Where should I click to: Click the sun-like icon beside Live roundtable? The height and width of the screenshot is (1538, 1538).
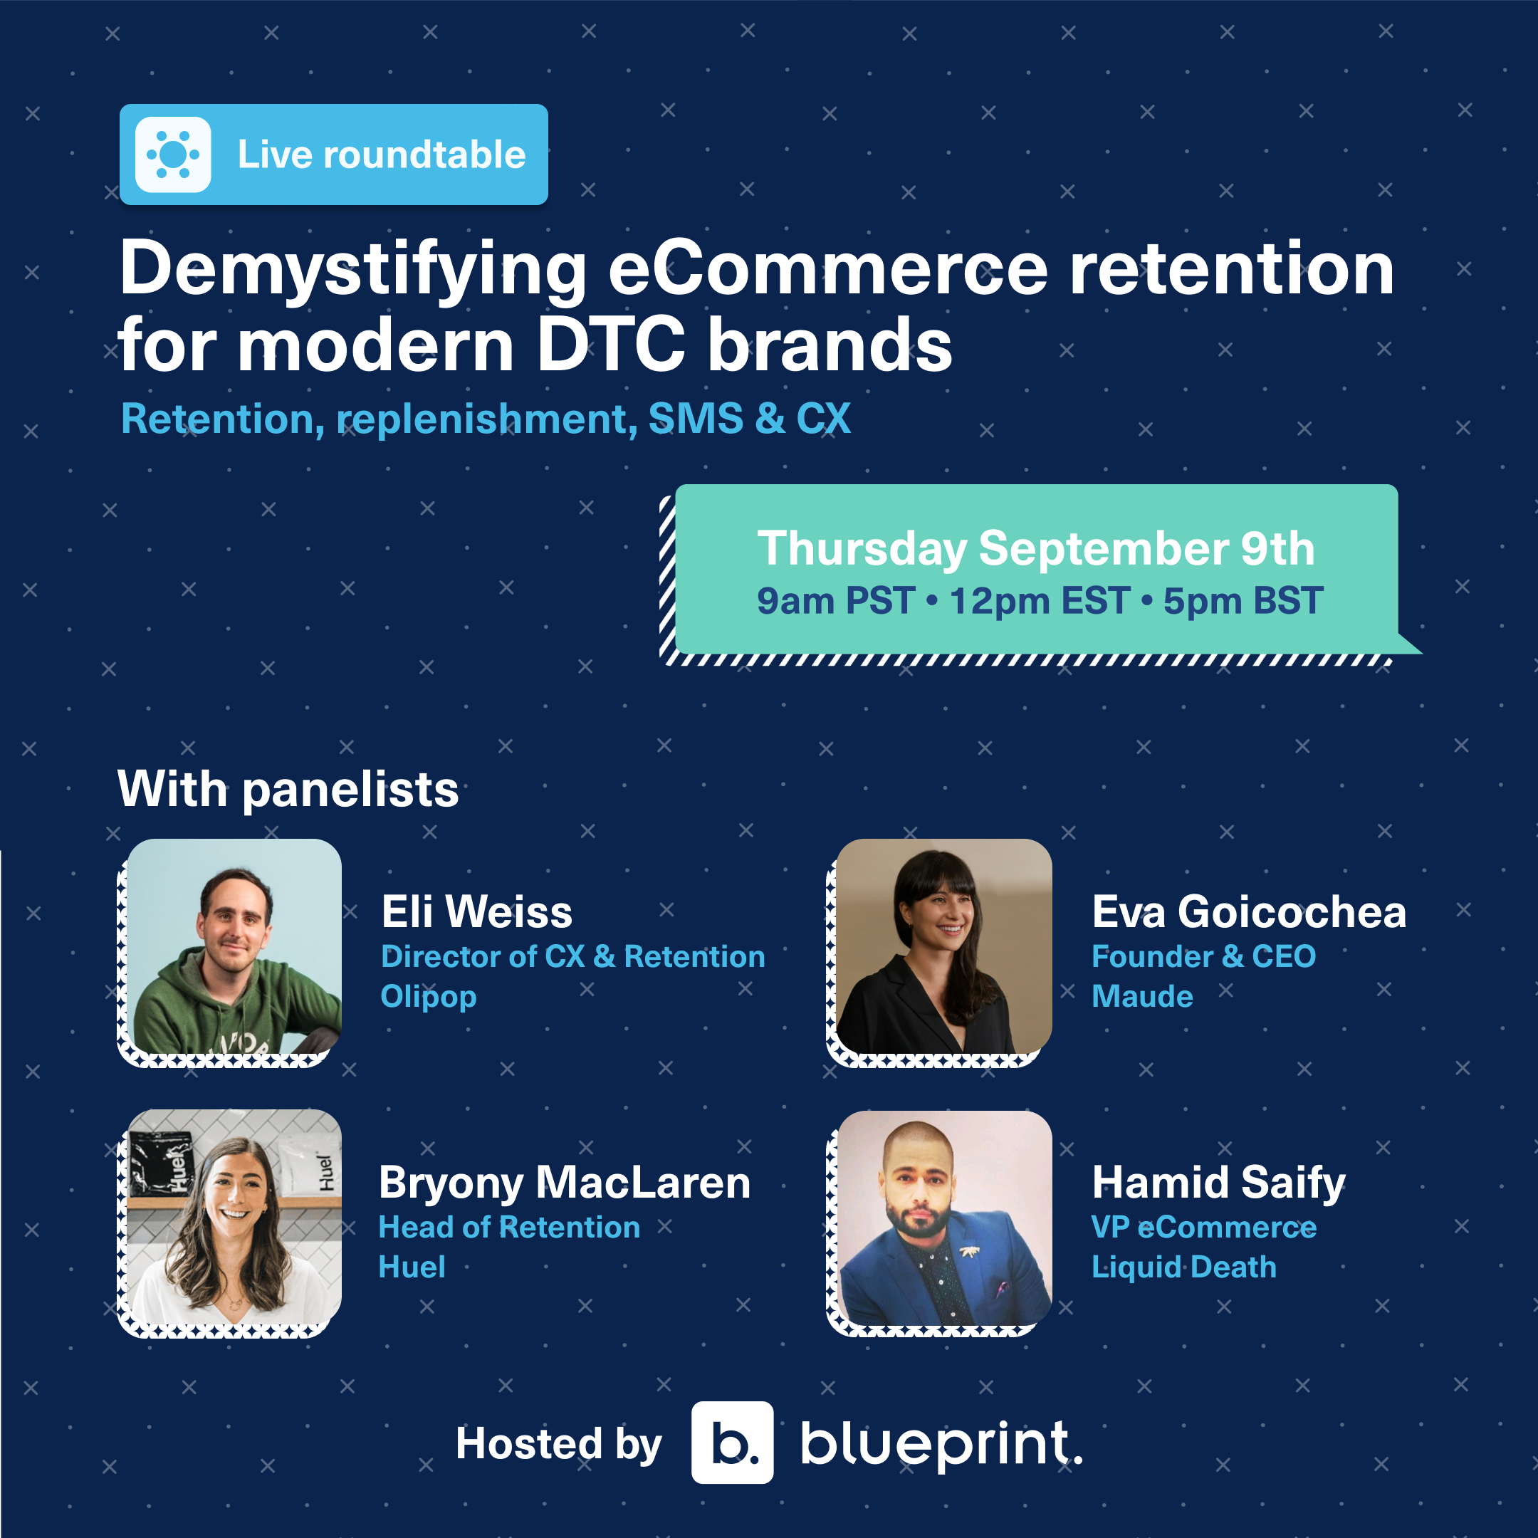(x=173, y=155)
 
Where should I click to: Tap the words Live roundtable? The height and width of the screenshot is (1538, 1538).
(x=382, y=155)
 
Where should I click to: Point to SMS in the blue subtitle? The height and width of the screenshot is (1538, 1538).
(x=696, y=419)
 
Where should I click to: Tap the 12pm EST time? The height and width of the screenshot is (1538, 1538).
(x=1039, y=601)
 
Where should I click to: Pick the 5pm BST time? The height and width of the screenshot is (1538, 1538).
(x=1243, y=601)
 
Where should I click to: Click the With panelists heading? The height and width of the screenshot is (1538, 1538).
(x=288, y=789)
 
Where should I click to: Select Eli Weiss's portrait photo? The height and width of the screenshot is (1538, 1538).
(x=234, y=946)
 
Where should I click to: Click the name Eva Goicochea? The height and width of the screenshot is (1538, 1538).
(x=1248, y=912)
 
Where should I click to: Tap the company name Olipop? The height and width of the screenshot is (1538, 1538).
(x=428, y=997)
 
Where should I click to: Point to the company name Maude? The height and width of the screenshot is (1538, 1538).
(x=1141, y=997)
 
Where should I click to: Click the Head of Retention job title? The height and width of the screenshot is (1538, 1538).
(x=508, y=1228)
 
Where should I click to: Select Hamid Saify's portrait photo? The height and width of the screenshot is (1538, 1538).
(x=944, y=1218)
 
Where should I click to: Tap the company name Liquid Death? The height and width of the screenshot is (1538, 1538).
(x=1183, y=1267)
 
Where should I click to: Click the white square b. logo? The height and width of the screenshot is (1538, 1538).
(x=731, y=1443)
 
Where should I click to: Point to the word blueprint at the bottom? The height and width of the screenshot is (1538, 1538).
(x=939, y=1444)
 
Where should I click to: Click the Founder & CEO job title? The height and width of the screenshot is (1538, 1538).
(x=1203, y=957)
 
